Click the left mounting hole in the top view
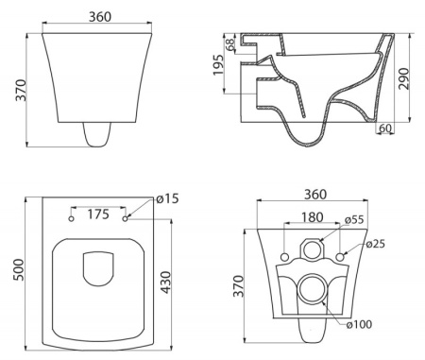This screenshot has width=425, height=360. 72,219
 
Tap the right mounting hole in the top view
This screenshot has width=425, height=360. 126,219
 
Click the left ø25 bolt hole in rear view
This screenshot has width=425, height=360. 286,256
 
